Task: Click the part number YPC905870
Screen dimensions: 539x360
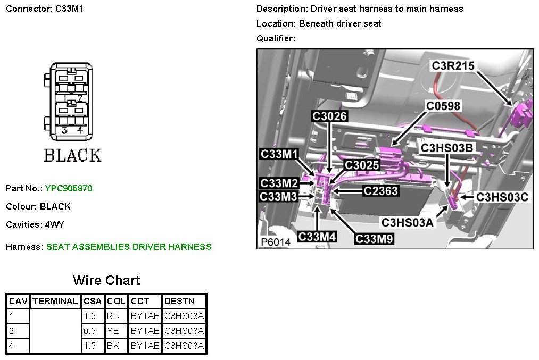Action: (69, 188)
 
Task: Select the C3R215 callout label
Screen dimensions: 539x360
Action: (453, 65)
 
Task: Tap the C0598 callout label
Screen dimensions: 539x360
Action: (443, 106)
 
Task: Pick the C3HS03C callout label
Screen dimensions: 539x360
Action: (502, 197)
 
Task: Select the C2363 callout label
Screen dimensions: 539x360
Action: (380, 190)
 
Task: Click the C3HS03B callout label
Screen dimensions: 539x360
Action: (446, 147)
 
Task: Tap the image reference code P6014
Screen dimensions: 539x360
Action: (276, 242)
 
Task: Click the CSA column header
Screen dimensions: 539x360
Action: (93, 301)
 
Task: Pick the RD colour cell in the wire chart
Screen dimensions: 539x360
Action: (114, 316)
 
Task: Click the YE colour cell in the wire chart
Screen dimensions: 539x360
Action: (114, 331)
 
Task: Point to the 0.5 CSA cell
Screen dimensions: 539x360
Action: (90, 331)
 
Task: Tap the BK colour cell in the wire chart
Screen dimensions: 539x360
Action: (114, 346)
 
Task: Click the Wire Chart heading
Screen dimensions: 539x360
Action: (106, 280)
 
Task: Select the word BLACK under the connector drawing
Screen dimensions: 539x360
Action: (72, 155)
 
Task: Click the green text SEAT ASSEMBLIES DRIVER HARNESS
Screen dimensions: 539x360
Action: (129, 247)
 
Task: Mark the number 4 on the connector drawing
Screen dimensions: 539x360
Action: (80, 130)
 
